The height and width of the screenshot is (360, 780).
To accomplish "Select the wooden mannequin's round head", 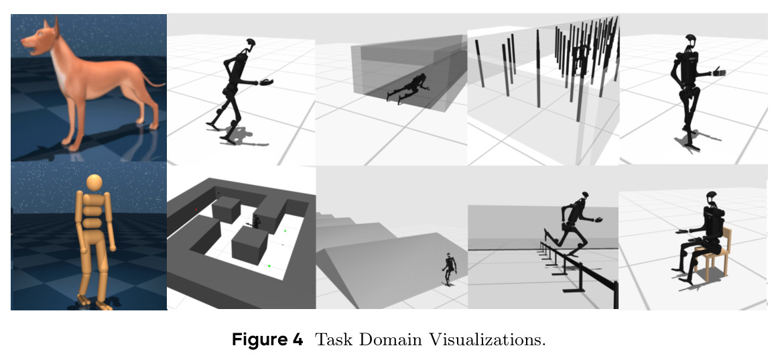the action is click(94, 182).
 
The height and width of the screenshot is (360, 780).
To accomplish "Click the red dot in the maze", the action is click(196, 210).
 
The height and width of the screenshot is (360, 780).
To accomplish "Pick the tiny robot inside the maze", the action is click(257, 222).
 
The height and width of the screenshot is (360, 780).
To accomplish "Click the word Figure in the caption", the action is click(267, 340).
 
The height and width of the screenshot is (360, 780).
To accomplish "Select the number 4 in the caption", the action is click(296, 339).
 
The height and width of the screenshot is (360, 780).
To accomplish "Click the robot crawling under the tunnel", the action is click(407, 88).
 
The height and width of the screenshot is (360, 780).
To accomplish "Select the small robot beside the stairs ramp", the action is click(449, 268).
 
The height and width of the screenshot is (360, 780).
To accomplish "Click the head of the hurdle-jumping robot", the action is click(584, 196).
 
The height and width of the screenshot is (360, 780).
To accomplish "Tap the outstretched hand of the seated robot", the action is click(681, 231).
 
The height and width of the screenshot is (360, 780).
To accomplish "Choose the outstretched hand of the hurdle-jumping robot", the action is click(600, 219).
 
